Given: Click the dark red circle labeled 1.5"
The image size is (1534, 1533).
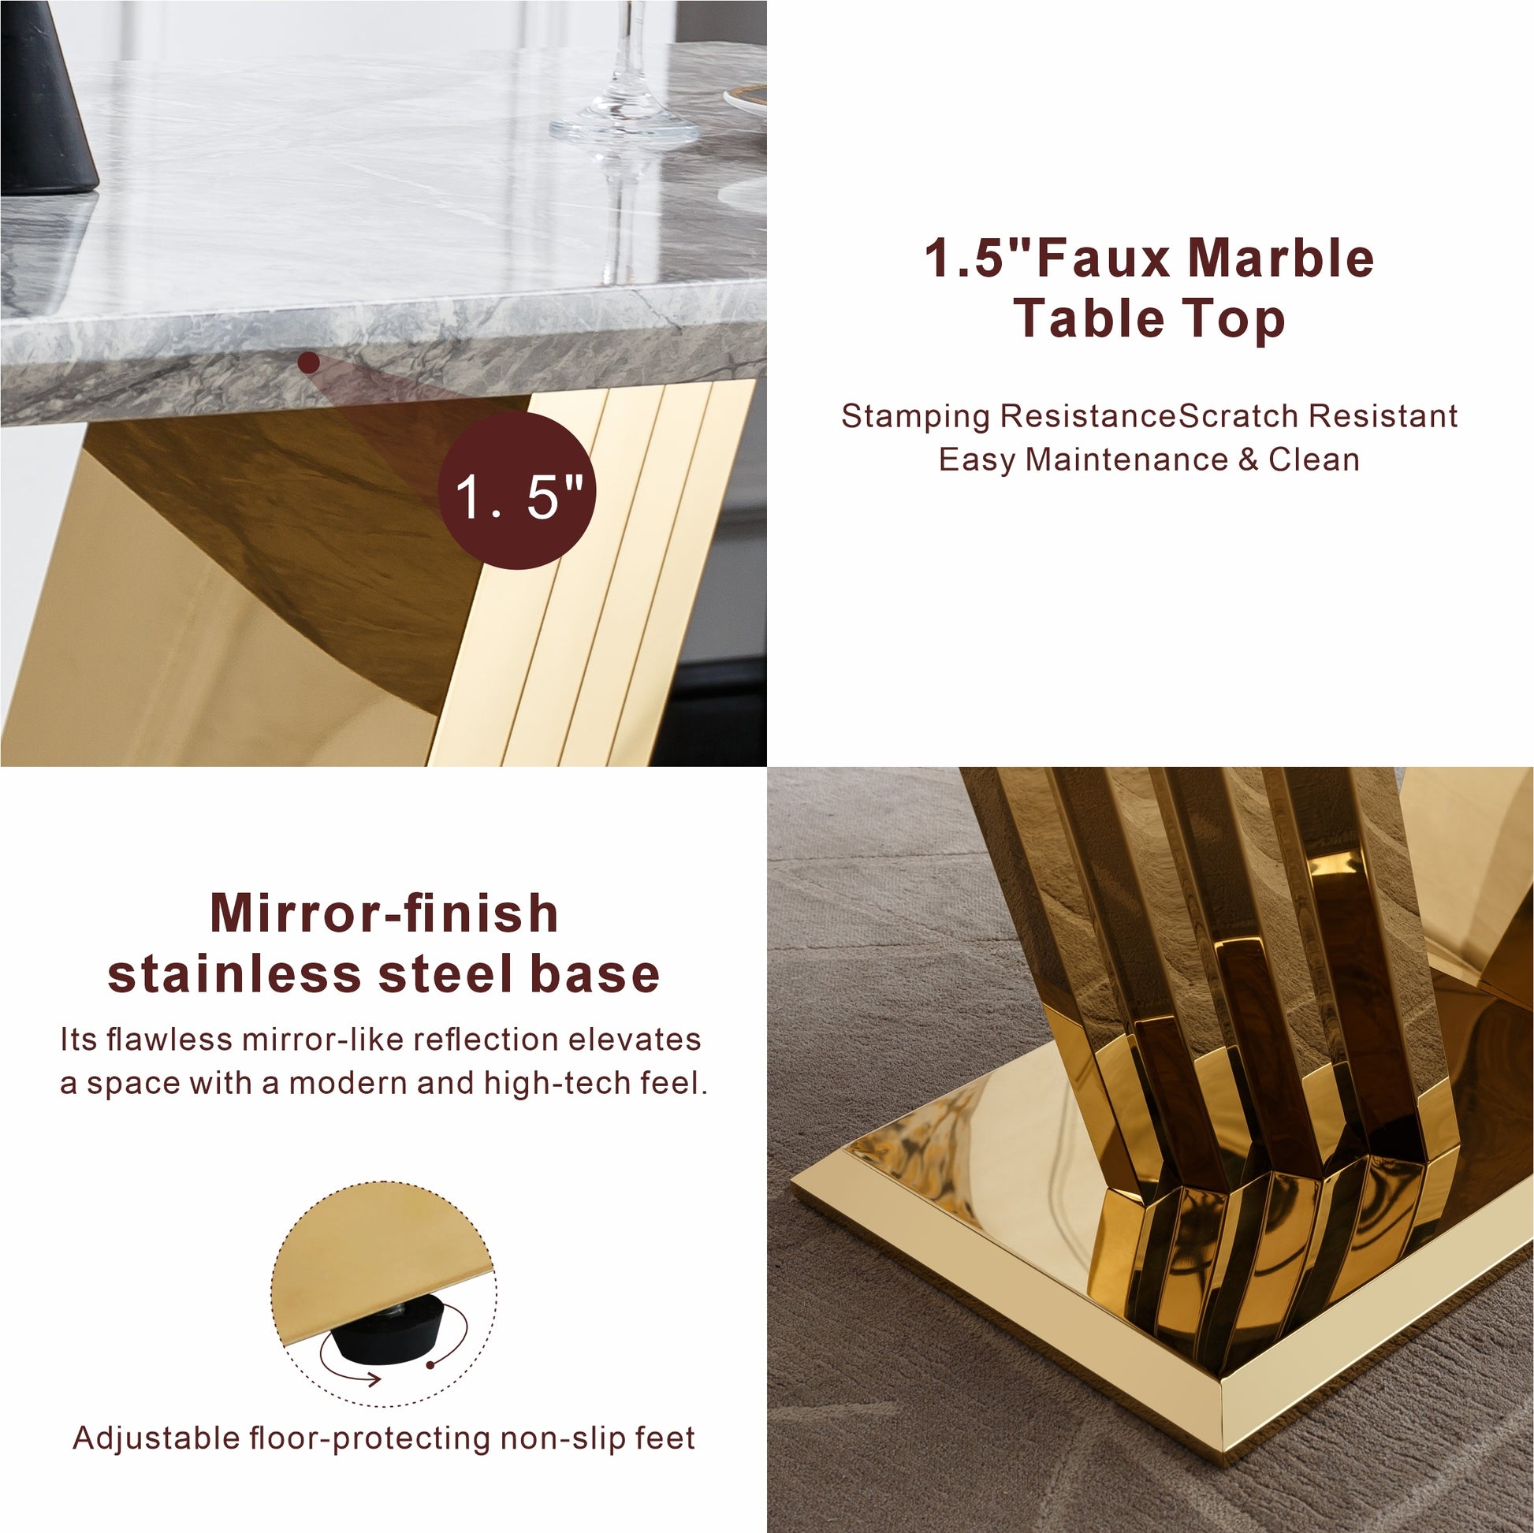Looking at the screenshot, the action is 517,489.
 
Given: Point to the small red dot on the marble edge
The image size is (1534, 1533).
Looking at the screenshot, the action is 309,363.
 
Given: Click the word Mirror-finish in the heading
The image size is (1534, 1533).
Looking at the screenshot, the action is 385,913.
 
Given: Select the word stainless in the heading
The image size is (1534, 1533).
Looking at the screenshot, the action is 233,974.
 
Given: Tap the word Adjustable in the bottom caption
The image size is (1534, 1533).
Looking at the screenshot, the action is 156,1438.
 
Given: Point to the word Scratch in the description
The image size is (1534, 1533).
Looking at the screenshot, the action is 1239,416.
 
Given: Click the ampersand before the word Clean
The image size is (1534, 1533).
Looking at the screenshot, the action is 1249,460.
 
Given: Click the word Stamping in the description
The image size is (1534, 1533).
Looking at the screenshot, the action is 915,417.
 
